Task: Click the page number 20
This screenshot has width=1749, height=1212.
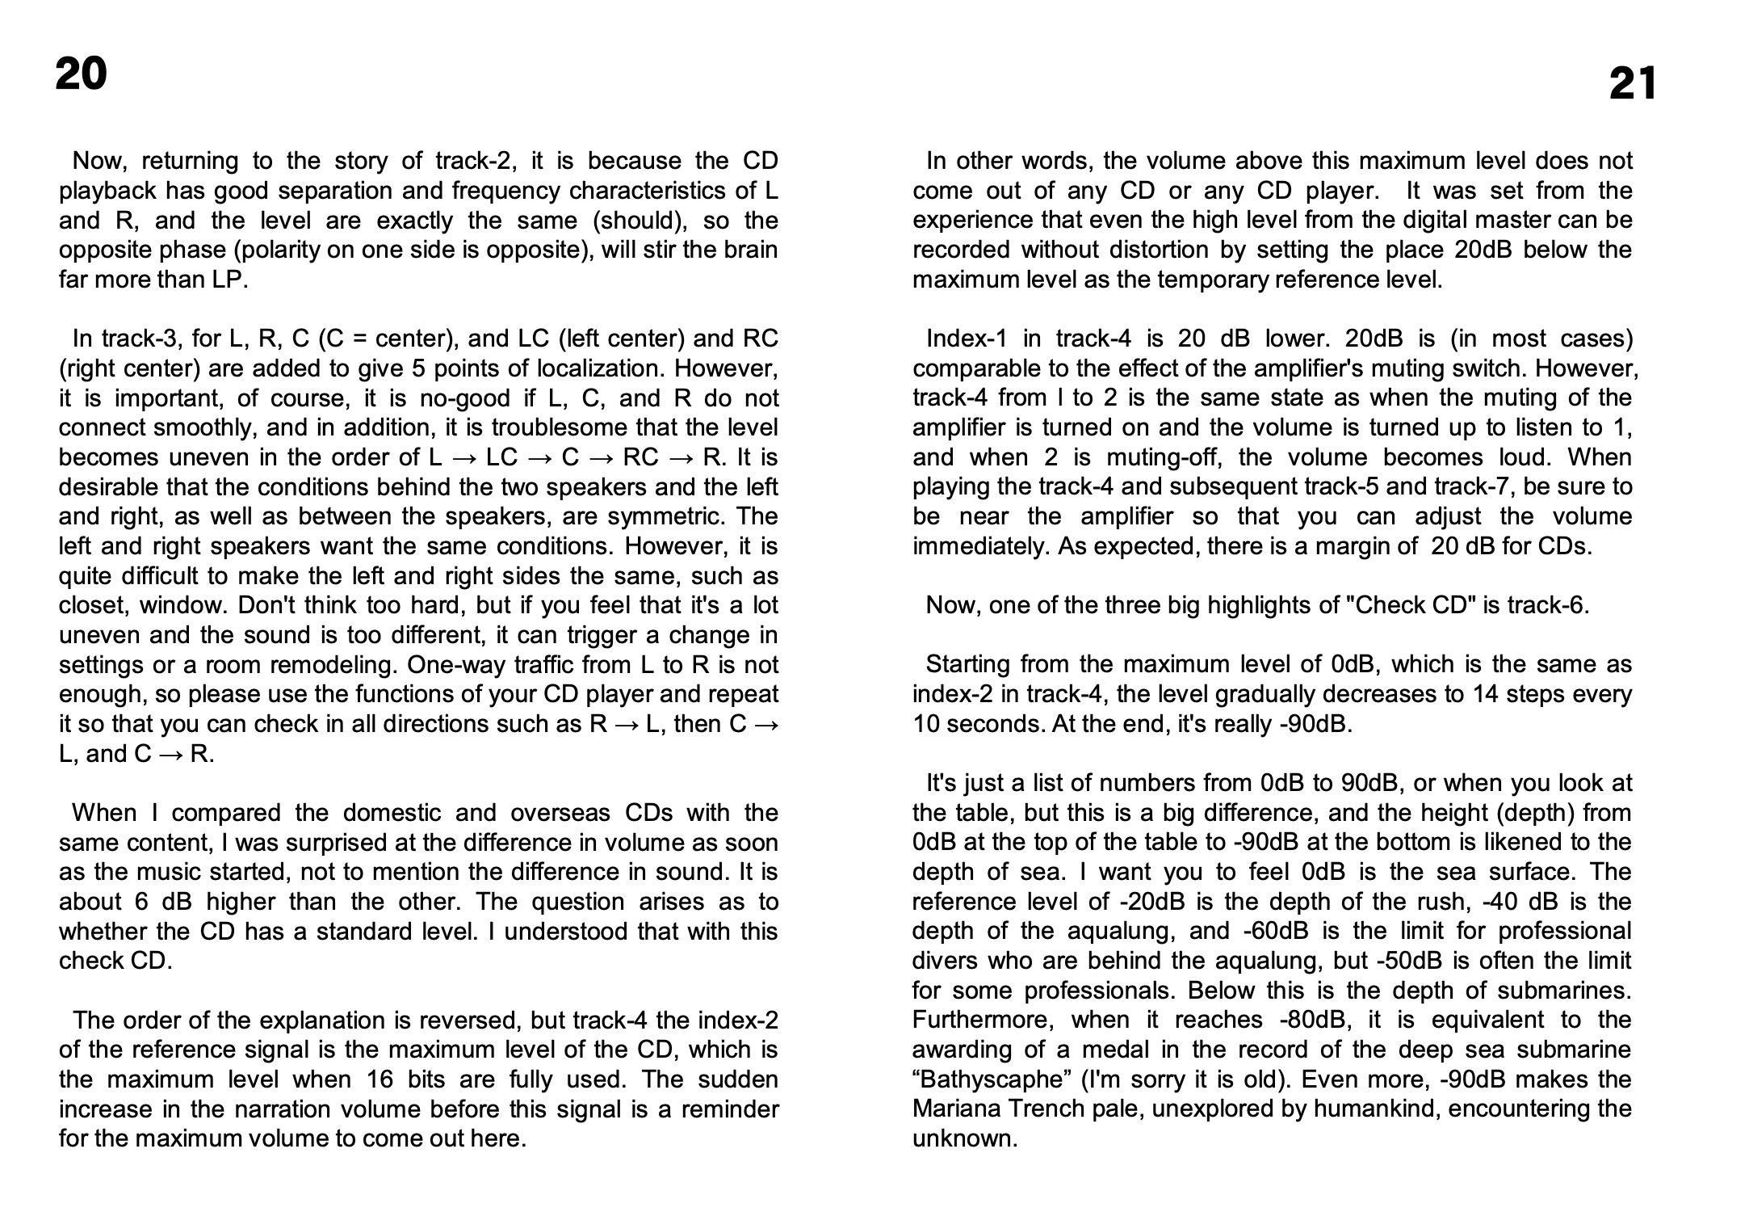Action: click(81, 74)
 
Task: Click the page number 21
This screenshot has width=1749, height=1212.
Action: click(1632, 85)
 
